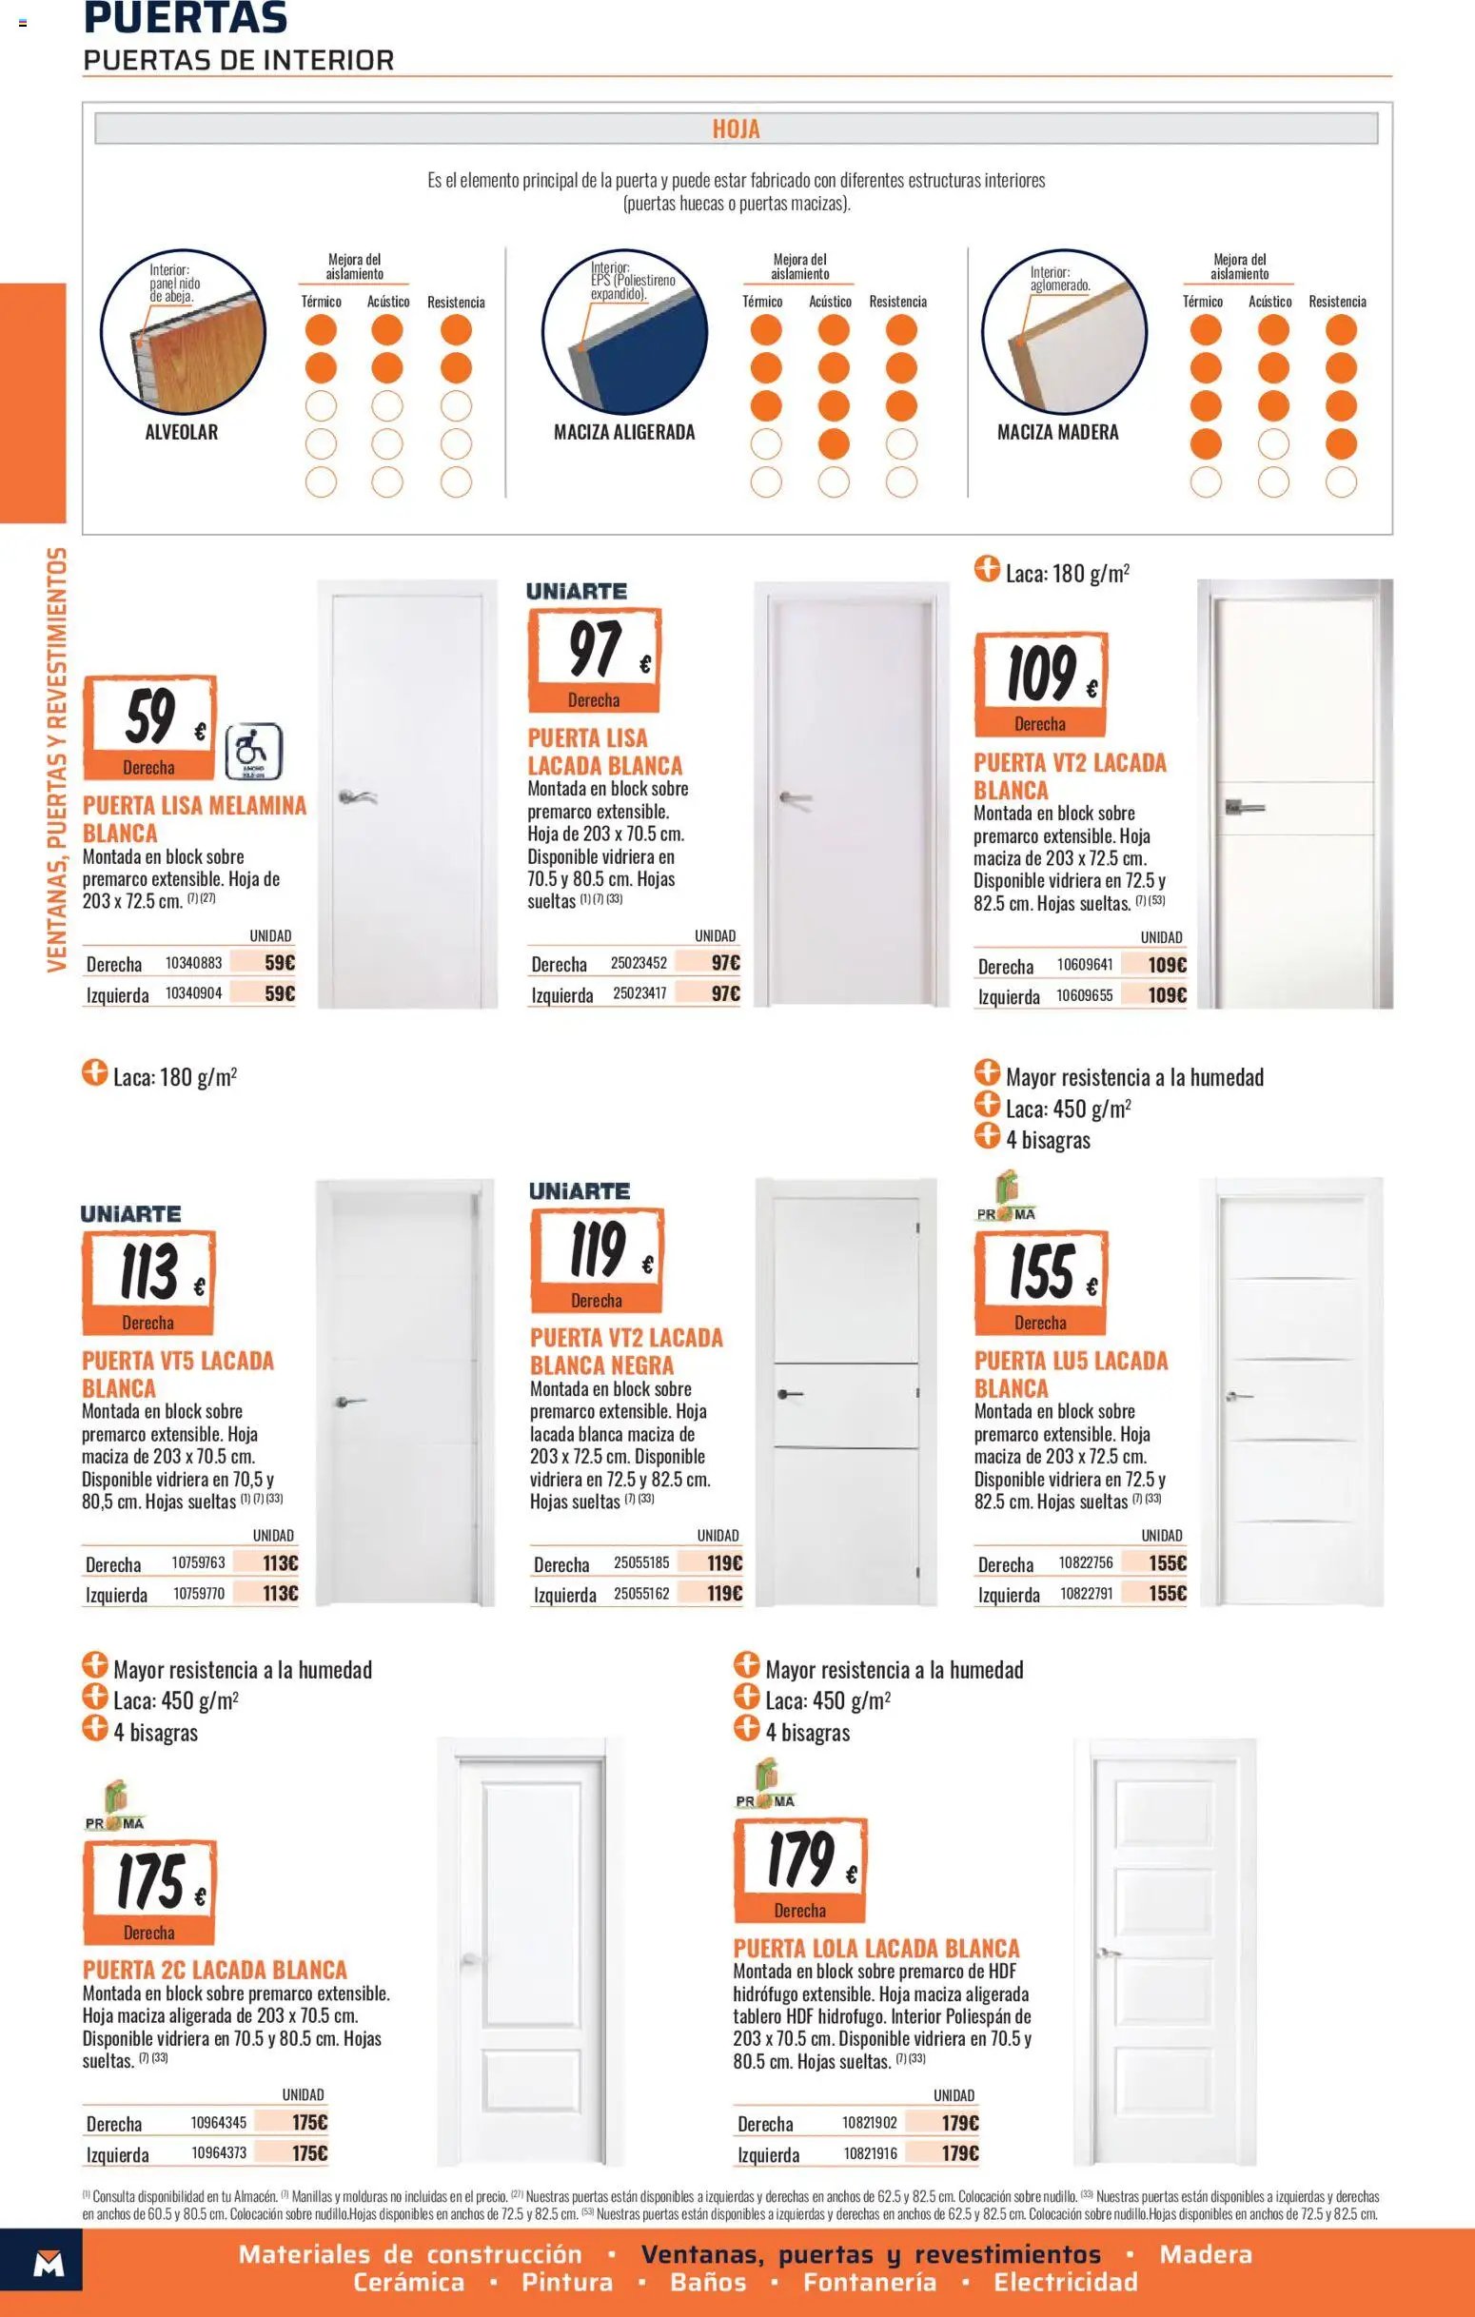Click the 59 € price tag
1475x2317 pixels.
click(x=149, y=726)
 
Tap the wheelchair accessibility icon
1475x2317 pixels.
click(x=253, y=752)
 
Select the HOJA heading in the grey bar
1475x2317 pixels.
click(x=736, y=129)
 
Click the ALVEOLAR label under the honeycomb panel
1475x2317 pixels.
click(x=182, y=432)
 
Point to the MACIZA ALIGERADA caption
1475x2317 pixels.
click(x=624, y=432)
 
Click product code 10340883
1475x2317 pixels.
click(x=193, y=962)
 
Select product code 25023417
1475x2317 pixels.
click(x=639, y=992)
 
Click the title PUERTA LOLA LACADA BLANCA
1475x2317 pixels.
click(x=875, y=1948)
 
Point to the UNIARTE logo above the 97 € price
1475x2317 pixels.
click(x=577, y=591)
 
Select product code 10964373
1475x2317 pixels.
click(x=220, y=2152)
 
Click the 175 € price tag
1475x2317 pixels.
click(x=150, y=1893)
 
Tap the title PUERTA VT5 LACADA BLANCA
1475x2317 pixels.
click(x=178, y=1374)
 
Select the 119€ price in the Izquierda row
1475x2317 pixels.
click(x=724, y=1594)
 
